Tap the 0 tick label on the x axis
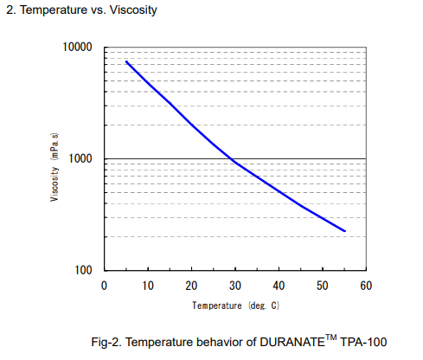[x=104, y=286]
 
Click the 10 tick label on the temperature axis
[x=147, y=286]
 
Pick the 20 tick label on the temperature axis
[x=190, y=286]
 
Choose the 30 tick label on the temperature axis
[x=234, y=286]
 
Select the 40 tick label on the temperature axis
[x=278, y=286]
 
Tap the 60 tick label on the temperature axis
[x=365, y=286]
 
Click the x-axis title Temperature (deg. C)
[x=235, y=305]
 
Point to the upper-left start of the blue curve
[x=126, y=61]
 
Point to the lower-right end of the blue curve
[x=344, y=231]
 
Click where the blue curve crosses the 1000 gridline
[x=231, y=159]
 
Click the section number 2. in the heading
[x=10, y=10]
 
